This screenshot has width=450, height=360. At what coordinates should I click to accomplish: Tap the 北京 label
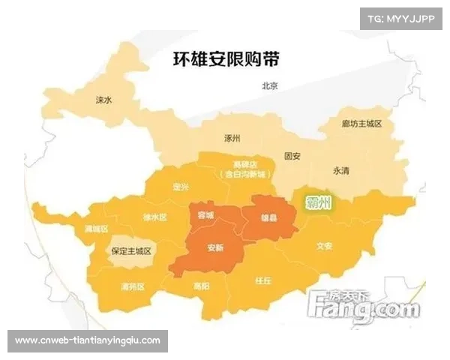pos(269,86)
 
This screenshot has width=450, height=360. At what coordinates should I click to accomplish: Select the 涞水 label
pos(103,99)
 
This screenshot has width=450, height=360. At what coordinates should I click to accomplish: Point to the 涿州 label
pos(232,139)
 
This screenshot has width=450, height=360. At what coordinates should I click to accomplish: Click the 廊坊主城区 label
pos(361,124)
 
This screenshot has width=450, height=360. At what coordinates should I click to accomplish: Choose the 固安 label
pos(292,157)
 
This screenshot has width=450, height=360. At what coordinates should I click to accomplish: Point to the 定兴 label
pos(181,186)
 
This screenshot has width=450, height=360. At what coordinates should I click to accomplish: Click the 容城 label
pos(205,215)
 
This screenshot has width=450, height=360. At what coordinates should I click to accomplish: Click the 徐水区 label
pos(154,217)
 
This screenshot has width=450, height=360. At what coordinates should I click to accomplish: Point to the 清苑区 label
pos(132,286)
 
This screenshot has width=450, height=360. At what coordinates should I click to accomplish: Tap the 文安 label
pos(324,245)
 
